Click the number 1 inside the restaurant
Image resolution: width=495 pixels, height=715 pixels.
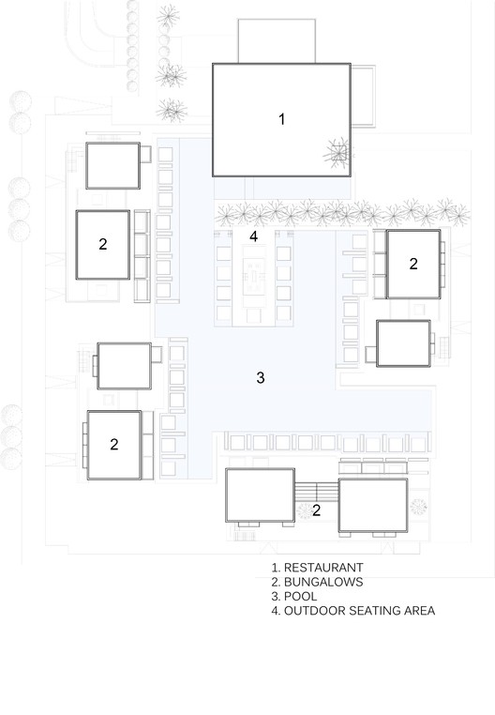tap(281, 119)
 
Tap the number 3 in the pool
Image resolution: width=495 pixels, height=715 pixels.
tap(261, 377)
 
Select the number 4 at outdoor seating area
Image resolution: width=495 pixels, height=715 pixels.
tap(254, 236)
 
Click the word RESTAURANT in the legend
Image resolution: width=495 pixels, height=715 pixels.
tap(323, 568)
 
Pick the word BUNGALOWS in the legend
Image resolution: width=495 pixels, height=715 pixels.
tap(323, 582)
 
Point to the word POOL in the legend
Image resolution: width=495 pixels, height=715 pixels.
tap(300, 597)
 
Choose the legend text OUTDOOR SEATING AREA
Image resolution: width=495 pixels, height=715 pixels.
tap(359, 611)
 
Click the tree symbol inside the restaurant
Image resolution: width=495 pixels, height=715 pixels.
tap(337, 153)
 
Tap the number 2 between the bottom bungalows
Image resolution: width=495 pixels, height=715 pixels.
tap(316, 510)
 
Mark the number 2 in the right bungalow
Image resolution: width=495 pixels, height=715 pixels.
tap(413, 264)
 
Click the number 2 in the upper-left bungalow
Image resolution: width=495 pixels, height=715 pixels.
tap(103, 244)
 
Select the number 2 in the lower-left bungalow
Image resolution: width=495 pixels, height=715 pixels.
tap(114, 444)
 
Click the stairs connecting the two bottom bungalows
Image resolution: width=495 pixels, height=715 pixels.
tap(317, 492)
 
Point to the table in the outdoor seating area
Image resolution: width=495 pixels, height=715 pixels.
tap(254, 276)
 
